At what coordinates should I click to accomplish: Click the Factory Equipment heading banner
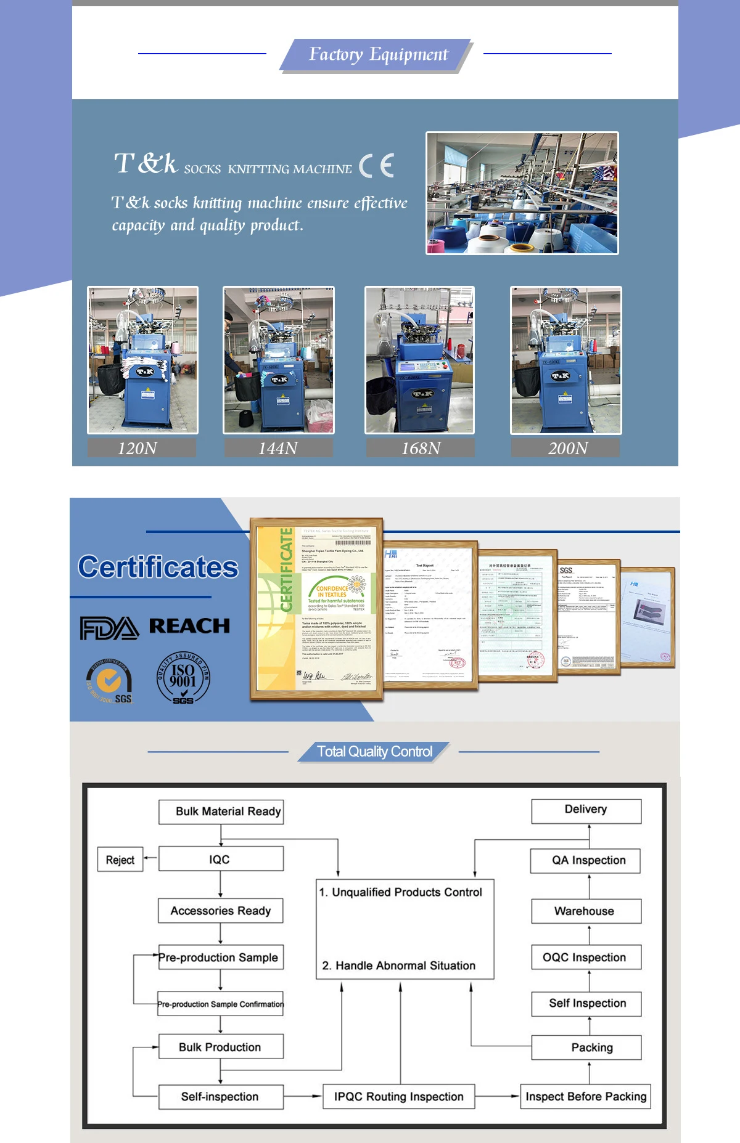pos(377,55)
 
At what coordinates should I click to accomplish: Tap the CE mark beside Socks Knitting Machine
pos(376,166)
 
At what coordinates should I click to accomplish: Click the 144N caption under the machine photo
pos(278,448)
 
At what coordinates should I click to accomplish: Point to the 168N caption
pos(421,448)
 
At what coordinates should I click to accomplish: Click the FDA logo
pos(109,628)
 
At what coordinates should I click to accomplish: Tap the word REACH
pos(189,626)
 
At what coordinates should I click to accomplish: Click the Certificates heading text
pos(158,567)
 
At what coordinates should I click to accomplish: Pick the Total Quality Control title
pos(374,752)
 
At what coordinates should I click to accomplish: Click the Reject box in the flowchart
pos(120,860)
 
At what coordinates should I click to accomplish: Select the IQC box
pos(221,859)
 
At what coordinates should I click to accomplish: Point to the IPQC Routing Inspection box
pos(399,1097)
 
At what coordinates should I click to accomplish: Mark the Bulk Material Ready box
pos(221,811)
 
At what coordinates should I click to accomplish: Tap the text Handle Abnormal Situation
pos(405,966)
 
